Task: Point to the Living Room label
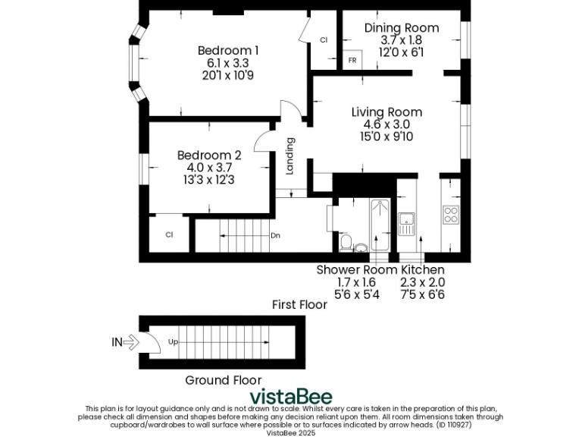(x=386, y=112)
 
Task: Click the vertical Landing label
(x=289, y=156)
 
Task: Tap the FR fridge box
(x=352, y=60)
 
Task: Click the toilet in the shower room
(x=346, y=242)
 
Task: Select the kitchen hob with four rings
(x=451, y=215)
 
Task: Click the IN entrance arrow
(x=129, y=342)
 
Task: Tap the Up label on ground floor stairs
(x=173, y=342)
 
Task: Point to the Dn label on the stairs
(x=275, y=235)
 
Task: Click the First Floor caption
(x=299, y=304)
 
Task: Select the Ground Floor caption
(x=224, y=380)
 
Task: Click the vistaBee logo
(x=291, y=397)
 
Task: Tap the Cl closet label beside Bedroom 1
(x=324, y=40)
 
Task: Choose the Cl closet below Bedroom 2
(x=169, y=234)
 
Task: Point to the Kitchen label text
(x=423, y=269)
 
